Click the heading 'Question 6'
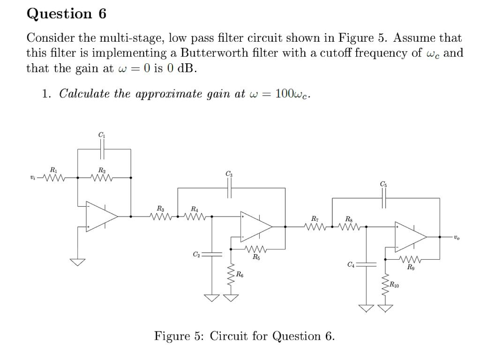tap(67, 14)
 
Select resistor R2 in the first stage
tap(102, 178)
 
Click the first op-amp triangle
tap(101, 216)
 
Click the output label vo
tap(457, 238)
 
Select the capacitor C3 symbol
tap(229, 188)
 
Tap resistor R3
tap(161, 217)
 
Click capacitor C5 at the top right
tap(384, 198)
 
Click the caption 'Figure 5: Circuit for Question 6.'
tap(244, 336)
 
